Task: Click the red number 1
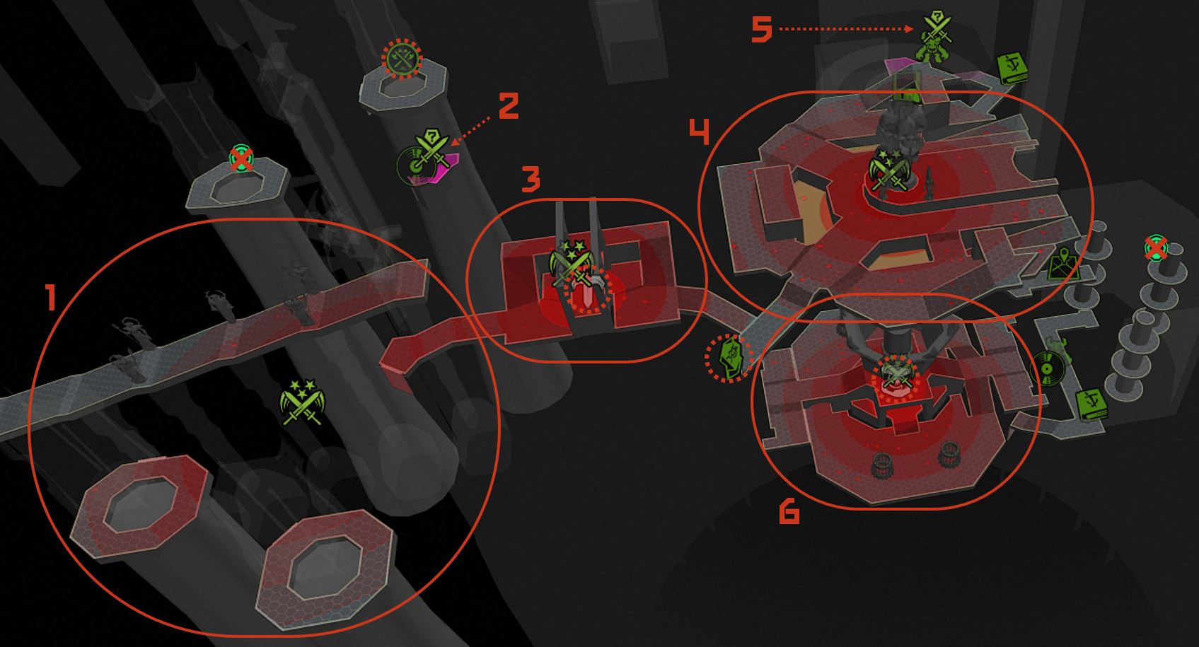coord(51,298)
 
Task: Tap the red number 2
coord(509,105)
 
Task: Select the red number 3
coord(531,179)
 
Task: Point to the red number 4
coord(699,132)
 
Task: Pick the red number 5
coord(762,29)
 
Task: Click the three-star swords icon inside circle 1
coord(303,402)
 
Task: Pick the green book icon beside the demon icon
coord(1012,68)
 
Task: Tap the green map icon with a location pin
coord(1062,263)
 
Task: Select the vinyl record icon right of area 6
coord(1046,368)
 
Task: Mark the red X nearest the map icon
coord(1156,247)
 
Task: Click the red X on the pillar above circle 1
coord(241,158)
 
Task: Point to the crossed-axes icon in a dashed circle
coord(402,59)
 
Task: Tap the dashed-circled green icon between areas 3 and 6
coord(729,358)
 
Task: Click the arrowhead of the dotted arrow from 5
coord(910,29)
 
